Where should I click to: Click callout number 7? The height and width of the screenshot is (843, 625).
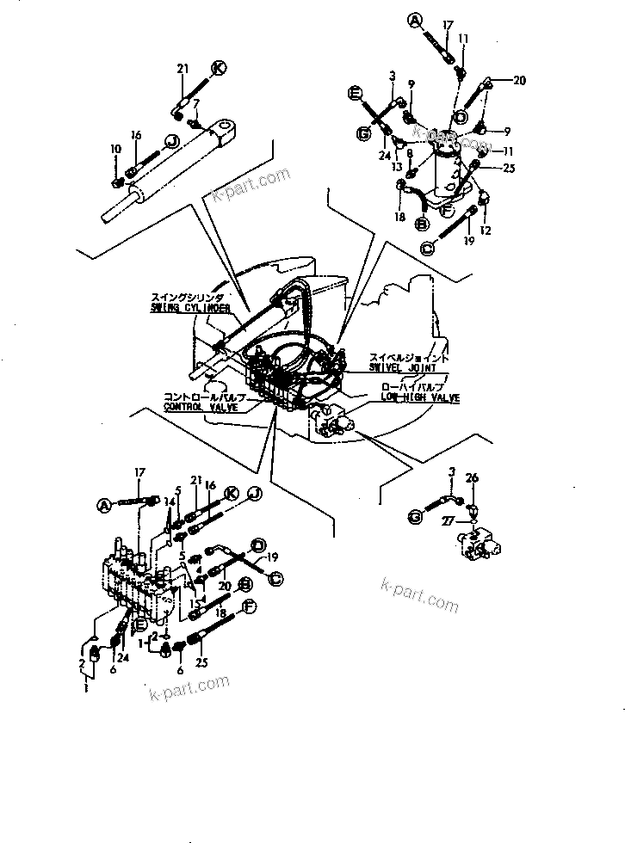[x=197, y=104]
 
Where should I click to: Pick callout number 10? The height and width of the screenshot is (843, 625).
[x=116, y=150]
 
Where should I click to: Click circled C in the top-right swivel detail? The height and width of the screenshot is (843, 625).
[x=428, y=247]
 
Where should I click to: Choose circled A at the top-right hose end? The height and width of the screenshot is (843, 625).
[x=414, y=18]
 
